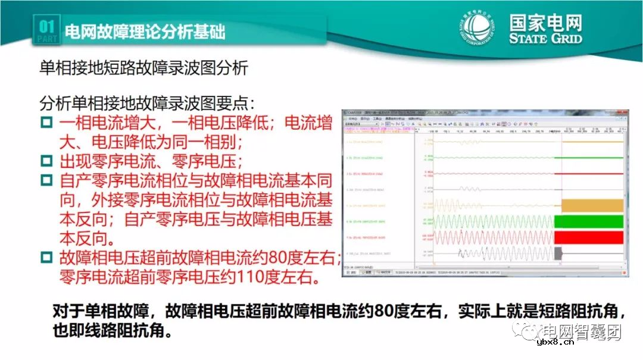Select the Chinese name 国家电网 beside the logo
545,23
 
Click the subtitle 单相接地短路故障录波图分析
143,68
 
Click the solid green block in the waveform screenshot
588,221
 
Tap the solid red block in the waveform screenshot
588,237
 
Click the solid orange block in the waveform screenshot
592,205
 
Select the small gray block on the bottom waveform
558,253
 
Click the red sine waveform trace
494,237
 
